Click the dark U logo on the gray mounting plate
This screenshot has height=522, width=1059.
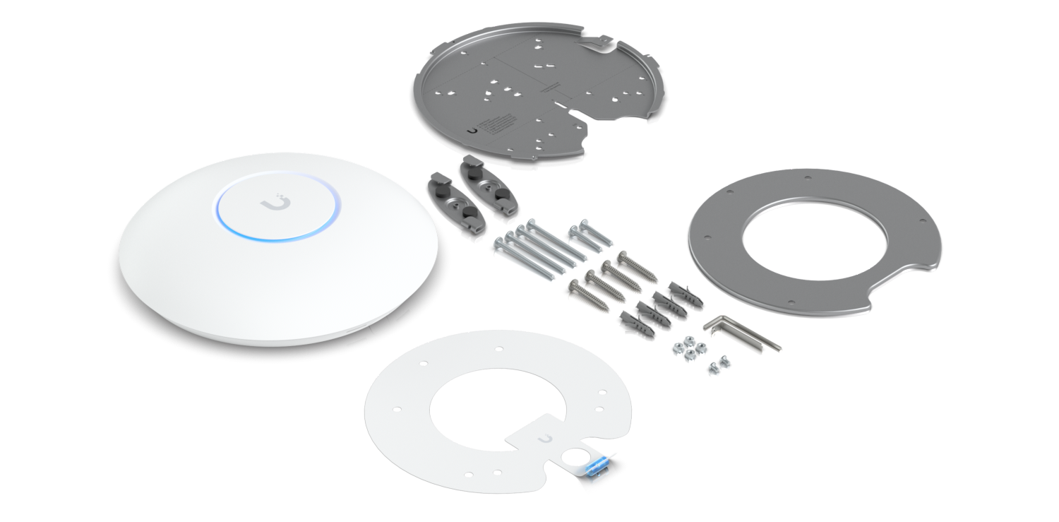click(x=472, y=129)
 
